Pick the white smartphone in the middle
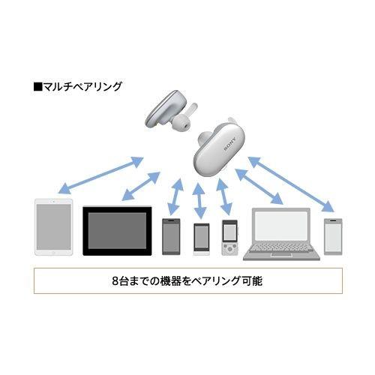tap(200, 239)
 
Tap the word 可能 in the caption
tap(252, 283)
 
